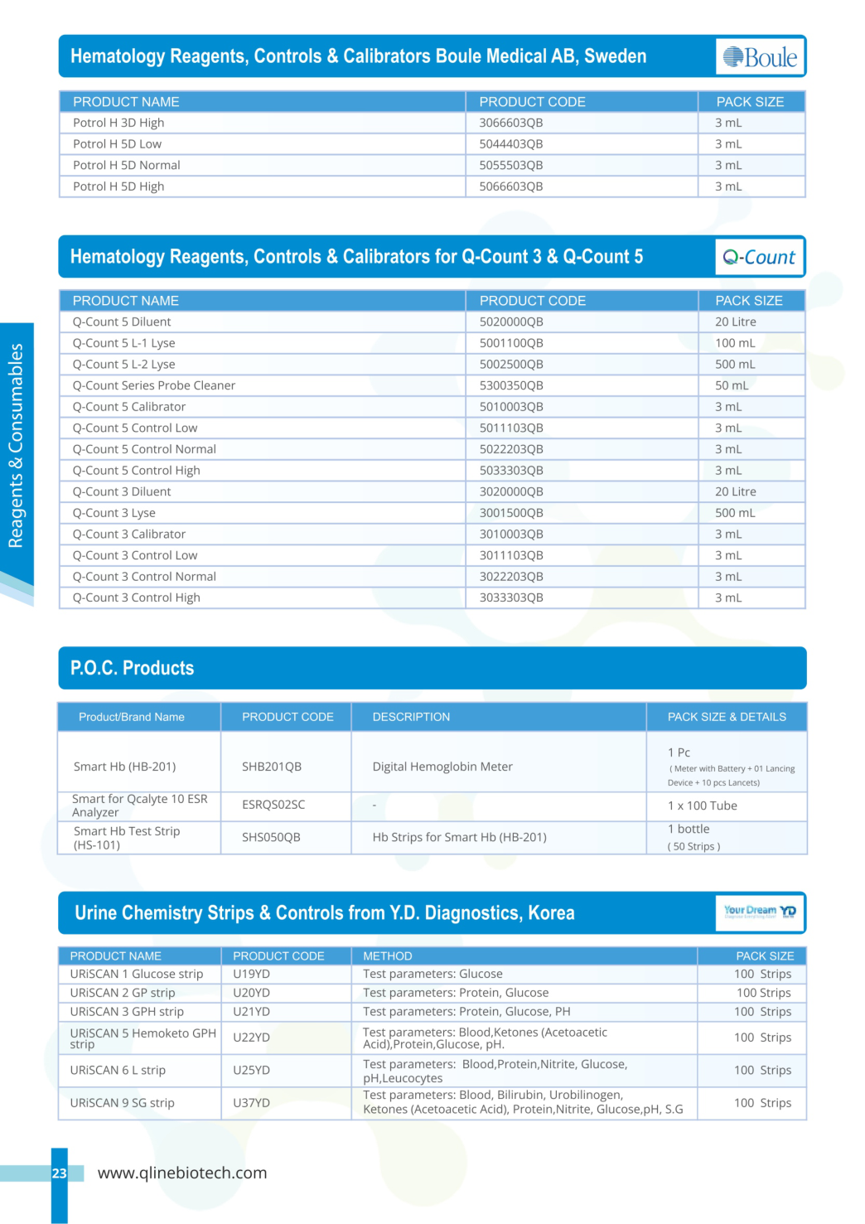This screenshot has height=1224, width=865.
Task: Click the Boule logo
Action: [x=760, y=57]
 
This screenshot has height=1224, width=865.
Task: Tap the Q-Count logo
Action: [x=759, y=257]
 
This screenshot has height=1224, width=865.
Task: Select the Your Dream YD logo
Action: [x=760, y=912]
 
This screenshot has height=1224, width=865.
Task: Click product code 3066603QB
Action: [x=511, y=123]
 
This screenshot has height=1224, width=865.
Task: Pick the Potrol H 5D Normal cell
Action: [x=127, y=165]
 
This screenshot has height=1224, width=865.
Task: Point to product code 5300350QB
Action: [x=511, y=385]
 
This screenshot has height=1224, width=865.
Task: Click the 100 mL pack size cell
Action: [x=735, y=343]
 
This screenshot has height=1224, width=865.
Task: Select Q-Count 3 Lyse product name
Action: [x=114, y=513]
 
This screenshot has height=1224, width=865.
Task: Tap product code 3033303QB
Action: [x=511, y=597]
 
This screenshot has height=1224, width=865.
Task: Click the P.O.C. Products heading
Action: [x=133, y=668]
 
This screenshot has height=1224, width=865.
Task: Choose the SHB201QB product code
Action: [x=272, y=767]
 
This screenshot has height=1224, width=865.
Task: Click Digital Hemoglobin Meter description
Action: [x=442, y=767]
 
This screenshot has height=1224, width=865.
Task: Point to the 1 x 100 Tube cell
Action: [x=703, y=806]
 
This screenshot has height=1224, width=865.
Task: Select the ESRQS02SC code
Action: [x=273, y=805]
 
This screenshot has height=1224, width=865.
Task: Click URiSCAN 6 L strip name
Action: [x=118, y=1070]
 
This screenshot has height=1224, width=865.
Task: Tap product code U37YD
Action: [x=251, y=1103]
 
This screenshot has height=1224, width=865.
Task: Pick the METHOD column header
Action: [x=388, y=956]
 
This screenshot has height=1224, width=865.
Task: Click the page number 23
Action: [x=59, y=1173]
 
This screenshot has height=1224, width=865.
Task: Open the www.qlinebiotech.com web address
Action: [x=182, y=1173]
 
